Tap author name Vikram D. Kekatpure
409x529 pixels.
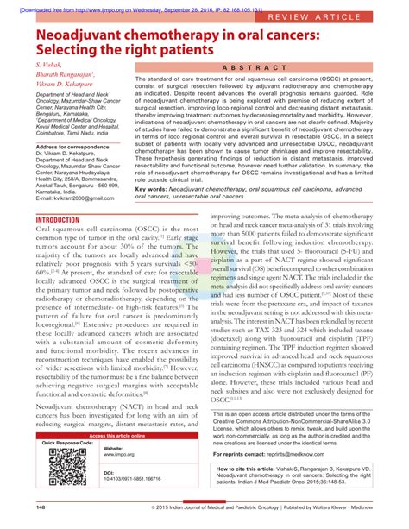click(65, 88)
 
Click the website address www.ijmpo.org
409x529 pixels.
click(118, 456)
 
